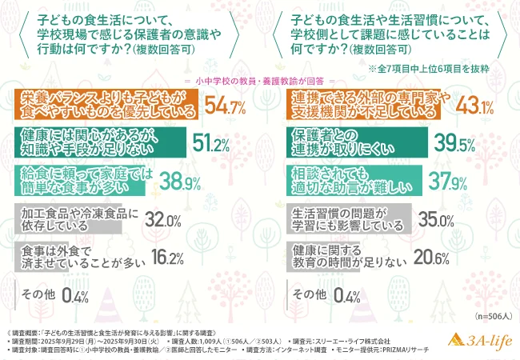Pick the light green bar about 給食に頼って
(x=80, y=183)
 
